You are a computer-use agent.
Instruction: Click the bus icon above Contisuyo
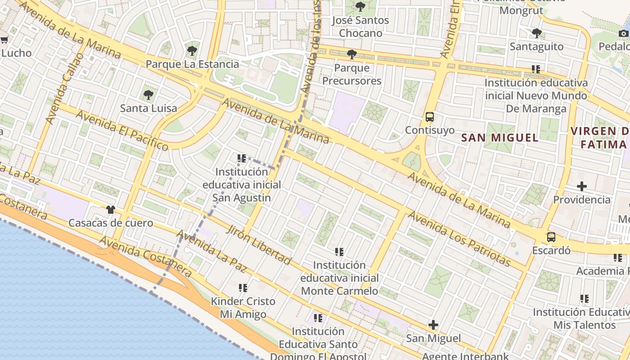point(430,117)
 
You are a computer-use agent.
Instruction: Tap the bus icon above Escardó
point(551,237)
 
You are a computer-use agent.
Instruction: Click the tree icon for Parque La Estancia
point(192,50)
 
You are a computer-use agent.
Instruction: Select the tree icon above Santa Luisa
point(148,95)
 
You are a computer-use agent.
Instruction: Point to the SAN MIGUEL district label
point(500,138)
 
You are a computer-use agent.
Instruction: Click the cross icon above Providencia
point(582,186)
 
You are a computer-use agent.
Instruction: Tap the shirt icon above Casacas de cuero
point(111,210)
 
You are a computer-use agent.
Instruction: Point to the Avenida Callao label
point(66,88)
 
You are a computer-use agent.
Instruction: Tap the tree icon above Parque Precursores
point(352,54)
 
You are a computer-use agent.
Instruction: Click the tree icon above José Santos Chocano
point(360,7)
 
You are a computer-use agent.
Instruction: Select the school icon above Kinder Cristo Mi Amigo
point(243,288)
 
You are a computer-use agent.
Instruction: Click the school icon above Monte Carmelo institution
point(339,252)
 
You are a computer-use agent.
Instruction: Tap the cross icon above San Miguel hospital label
point(433,324)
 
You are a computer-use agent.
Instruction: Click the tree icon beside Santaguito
point(536,33)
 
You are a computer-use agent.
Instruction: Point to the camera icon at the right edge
point(623,33)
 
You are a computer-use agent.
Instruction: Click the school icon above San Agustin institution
point(242,158)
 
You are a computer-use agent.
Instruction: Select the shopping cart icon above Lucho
point(4,40)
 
